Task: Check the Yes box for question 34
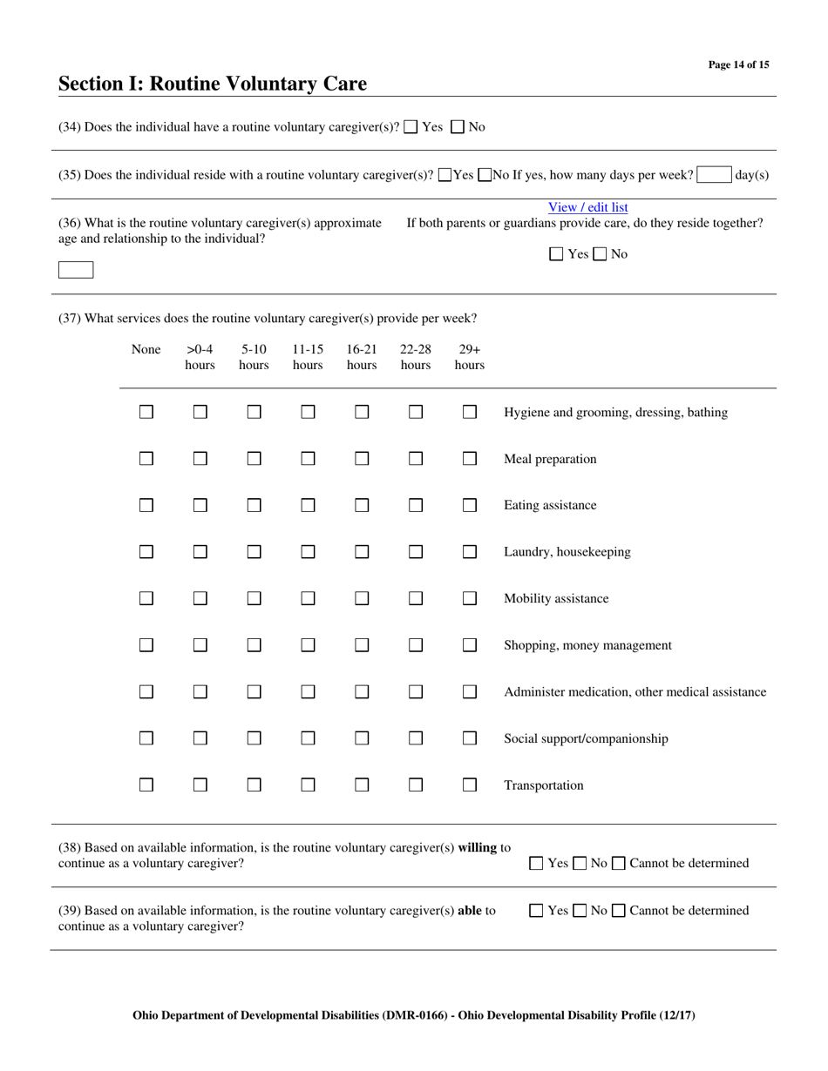coord(411,127)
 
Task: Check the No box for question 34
coord(458,127)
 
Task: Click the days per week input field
coord(714,174)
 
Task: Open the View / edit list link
coord(587,207)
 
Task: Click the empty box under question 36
coord(76,270)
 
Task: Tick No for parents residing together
coord(600,254)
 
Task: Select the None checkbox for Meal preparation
coord(146,459)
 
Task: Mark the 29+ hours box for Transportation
coord(470,785)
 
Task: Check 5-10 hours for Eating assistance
coord(254,505)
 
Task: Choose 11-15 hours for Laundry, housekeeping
coord(308,552)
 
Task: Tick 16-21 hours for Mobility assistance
coord(362,599)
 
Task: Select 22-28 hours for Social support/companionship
coord(416,738)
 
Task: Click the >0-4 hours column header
coord(200,357)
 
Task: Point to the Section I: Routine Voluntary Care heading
coord(213,84)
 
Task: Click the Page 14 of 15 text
coord(738,64)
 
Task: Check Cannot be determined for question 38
coord(618,864)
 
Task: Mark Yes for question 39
coord(537,911)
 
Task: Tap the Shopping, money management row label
coord(587,645)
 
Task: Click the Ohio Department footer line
coord(414,1015)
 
